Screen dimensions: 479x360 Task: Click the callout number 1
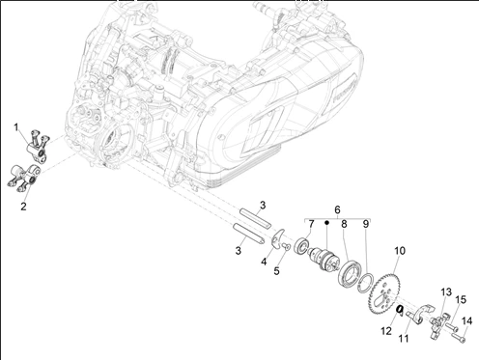tap(16, 127)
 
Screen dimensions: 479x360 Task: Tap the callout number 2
tap(23, 207)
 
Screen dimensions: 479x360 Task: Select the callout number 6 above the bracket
tap(337, 209)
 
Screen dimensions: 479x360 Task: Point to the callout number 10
tap(400, 251)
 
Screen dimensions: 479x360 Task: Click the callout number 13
tap(446, 292)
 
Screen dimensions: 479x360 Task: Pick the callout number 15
tap(461, 299)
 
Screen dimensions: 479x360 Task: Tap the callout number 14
tap(467, 320)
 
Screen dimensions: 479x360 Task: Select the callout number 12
tap(386, 331)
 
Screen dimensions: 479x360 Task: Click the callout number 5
tap(276, 271)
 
